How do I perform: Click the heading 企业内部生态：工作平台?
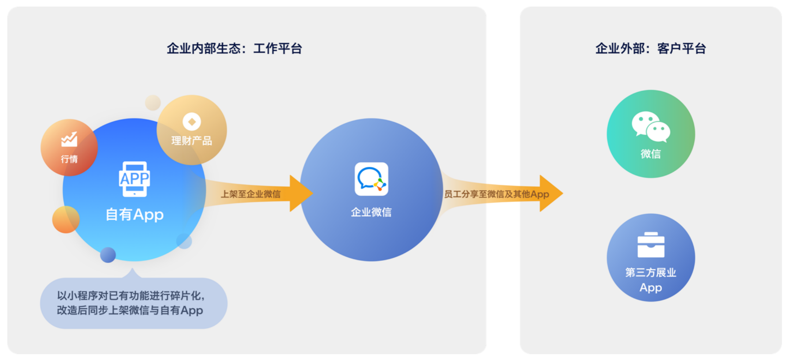click(234, 48)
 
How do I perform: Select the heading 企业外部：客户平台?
click(651, 48)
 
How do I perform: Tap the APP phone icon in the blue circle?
click(134, 179)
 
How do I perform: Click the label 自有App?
click(134, 214)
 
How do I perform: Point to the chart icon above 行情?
click(69, 139)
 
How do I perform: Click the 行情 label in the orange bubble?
click(69, 159)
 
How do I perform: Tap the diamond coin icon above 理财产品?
click(192, 121)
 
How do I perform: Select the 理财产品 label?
click(192, 141)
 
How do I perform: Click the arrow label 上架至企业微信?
click(250, 194)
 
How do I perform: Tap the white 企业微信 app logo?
click(371, 179)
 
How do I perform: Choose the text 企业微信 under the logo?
click(371, 212)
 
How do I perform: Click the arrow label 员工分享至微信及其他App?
click(496, 194)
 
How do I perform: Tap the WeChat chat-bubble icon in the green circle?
click(651, 127)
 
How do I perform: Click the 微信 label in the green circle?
click(651, 154)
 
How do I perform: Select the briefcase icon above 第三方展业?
click(651, 245)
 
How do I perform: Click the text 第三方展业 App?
click(651, 280)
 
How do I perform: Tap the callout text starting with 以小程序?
click(130, 303)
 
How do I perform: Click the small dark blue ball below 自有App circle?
click(108, 255)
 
